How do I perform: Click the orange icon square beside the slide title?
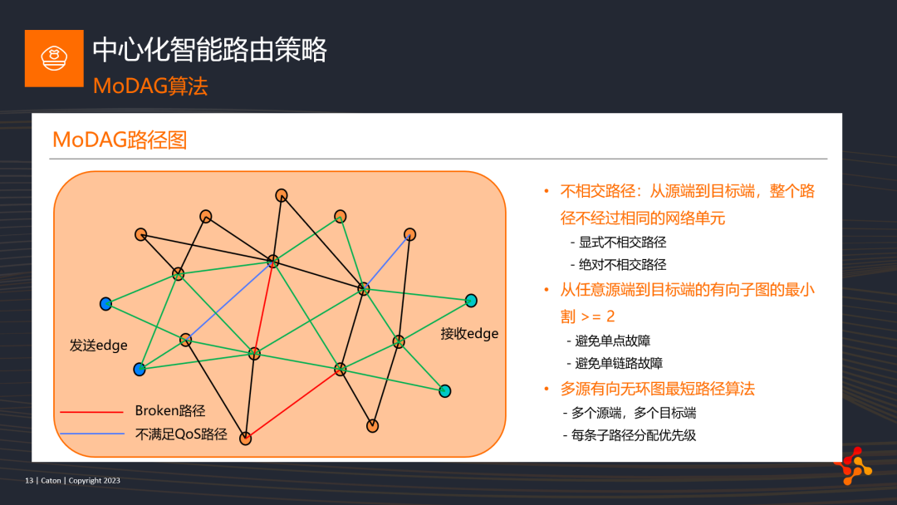pyautogui.click(x=54, y=58)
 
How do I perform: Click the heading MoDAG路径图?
pyautogui.click(x=120, y=140)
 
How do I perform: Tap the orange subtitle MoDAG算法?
pyautogui.click(x=149, y=86)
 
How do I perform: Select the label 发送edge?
pyautogui.click(x=98, y=346)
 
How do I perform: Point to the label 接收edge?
pyautogui.click(x=469, y=333)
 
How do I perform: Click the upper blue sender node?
pyautogui.click(x=105, y=304)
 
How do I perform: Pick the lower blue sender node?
pyautogui.click(x=140, y=370)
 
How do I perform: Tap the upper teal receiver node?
pyautogui.click(x=471, y=300)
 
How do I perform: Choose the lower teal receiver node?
pyautogui.click(x=444, y=391)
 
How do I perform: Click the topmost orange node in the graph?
pyautogui.click(x=282, y=195)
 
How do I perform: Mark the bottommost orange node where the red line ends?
pyautogui.click(x=245, y=439)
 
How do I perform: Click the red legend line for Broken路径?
pyautogui.click(x=91, y=412)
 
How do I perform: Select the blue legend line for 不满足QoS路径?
pyautogui.click(x=92, y=434)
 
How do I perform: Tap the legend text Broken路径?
pyautogui.click(x=170, y=410)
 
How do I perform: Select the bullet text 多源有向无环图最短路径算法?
pyautogui.click(x=657, y=389)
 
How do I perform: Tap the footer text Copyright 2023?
pyautogui.click(x=95, y=480)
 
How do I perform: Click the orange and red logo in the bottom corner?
pyautogui.click(x=853, y=466)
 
